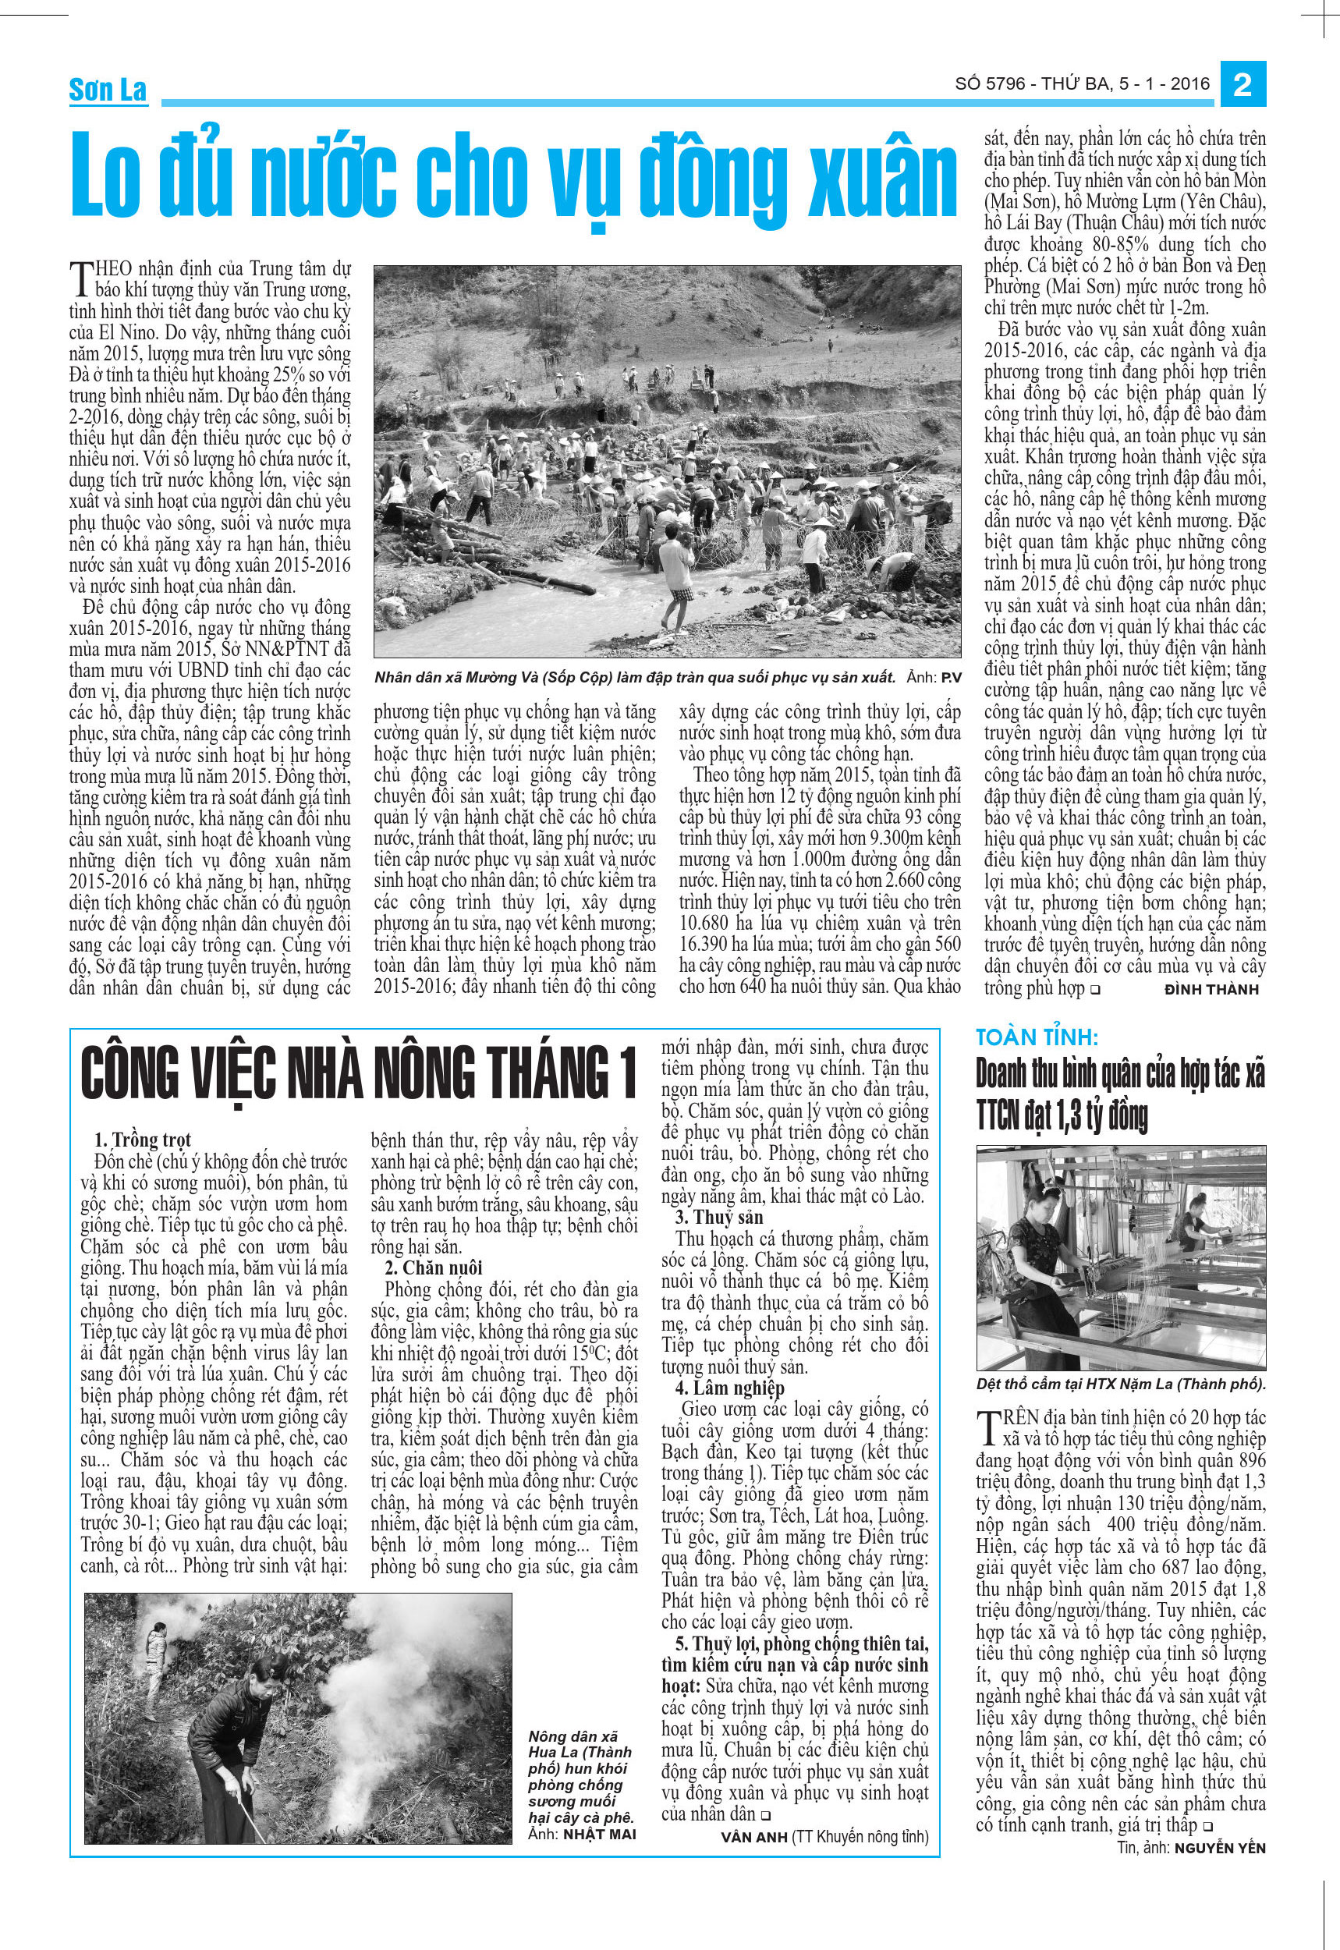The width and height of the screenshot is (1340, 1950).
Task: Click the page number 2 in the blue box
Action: coord(1243,86)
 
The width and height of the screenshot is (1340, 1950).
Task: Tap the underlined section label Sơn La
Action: coord(108,90)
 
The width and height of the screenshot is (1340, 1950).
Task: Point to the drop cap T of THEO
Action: coord(80,276)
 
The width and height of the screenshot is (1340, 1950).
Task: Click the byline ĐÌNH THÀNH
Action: coord(1211,989)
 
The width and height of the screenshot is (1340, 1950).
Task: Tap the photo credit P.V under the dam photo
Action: coord(949,677)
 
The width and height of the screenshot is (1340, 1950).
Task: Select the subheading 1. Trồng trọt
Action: coord(143,1140)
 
